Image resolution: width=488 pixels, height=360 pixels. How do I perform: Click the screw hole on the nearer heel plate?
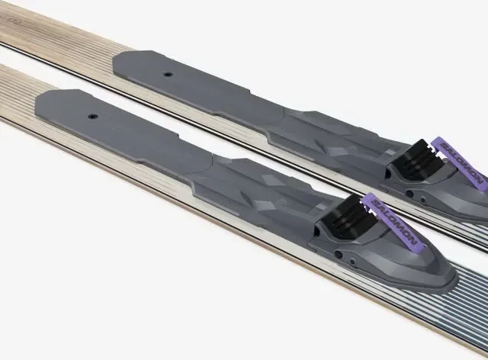92,117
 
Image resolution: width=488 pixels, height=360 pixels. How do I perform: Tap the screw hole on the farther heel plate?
169,75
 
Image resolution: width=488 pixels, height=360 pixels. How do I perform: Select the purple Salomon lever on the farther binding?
459,163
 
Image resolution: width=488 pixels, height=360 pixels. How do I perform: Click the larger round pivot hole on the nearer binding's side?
339,255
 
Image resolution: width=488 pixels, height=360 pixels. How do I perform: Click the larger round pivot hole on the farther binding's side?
410,194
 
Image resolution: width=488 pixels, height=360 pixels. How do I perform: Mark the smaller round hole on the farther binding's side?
422,200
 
